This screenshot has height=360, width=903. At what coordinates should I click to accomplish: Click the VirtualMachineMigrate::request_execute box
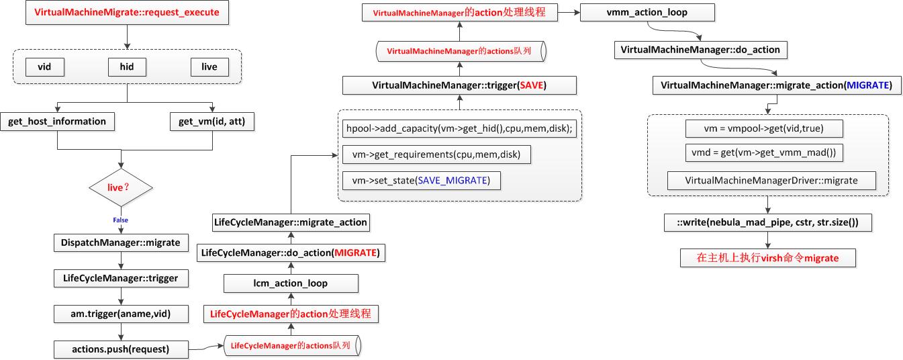pos(126,12)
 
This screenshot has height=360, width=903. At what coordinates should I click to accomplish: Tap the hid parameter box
pos(127,67)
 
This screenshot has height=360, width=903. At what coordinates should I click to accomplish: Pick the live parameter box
pos(209,67)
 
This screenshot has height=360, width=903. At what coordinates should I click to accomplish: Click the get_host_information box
pos(57,122)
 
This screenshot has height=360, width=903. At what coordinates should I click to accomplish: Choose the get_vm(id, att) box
pos(213,122)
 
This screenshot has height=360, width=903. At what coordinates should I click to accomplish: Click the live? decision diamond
pos(121,187)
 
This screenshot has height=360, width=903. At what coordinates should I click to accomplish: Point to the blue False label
pos(121,220)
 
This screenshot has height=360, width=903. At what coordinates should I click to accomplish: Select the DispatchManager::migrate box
pos(121,242)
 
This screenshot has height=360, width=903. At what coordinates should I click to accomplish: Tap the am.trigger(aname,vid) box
pos(121,313)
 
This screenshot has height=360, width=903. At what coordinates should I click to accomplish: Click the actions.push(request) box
pos(121,349)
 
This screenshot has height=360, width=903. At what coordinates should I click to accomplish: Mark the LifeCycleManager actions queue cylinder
pos(291,346)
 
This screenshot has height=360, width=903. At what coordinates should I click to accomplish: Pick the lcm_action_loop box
pos(290,283)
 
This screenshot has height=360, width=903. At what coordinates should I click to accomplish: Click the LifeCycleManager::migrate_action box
pos(290,222)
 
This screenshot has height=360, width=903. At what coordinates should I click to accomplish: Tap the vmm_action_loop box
pos(647,12)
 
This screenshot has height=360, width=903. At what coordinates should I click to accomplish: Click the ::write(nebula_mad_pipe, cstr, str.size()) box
pos(767,222)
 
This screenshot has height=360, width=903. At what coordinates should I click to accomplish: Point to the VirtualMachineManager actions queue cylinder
pos(460,50)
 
